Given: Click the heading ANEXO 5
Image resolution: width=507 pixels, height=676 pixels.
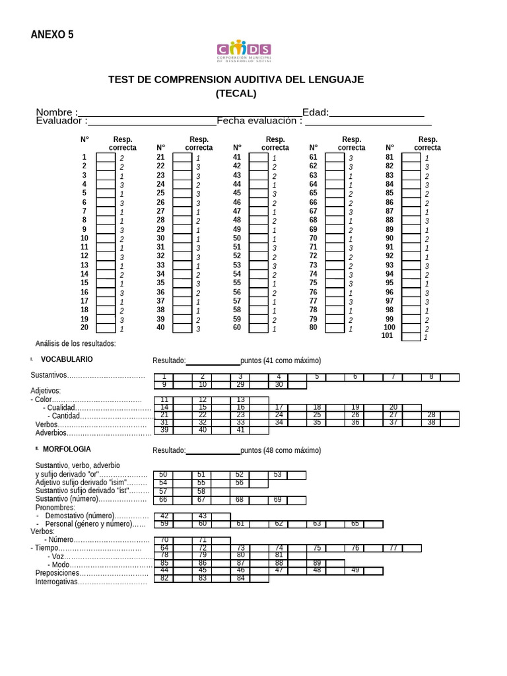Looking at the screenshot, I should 52,35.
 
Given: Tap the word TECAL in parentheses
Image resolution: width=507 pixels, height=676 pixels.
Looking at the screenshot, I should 236,94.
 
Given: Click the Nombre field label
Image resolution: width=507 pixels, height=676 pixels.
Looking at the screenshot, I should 56,112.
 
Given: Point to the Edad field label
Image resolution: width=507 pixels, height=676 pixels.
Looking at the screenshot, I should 315,112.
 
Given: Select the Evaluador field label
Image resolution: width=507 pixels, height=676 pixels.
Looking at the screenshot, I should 61,121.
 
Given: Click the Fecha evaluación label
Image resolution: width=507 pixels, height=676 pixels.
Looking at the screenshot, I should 259,121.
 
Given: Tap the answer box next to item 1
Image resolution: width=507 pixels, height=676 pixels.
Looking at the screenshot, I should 106,158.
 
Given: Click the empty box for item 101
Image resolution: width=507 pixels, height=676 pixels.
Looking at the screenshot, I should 411,337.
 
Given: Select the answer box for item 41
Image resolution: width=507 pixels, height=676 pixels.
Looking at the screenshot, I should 258,158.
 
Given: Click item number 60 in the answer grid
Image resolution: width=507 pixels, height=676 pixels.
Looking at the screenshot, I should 237,327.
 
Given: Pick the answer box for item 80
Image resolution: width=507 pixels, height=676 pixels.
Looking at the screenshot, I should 335,328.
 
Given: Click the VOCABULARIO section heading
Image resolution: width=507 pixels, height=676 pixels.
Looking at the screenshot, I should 67,360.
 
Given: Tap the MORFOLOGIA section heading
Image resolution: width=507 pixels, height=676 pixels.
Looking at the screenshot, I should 67,450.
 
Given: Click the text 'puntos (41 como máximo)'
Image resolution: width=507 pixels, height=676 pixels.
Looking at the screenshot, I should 281,360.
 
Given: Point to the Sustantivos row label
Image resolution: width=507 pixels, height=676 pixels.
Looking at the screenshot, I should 48,376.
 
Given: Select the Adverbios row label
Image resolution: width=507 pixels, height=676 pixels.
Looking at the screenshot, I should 51,433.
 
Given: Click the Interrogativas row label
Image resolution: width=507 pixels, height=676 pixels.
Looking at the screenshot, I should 57,582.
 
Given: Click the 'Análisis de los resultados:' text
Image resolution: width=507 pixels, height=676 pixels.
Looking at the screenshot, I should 75,343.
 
